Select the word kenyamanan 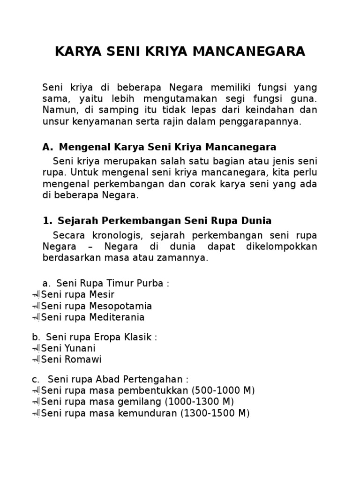click(x=98, y=122)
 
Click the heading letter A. click(x=47, y=147)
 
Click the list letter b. click(x=35, y=337)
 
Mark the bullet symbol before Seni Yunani click(x=36, y=349)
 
